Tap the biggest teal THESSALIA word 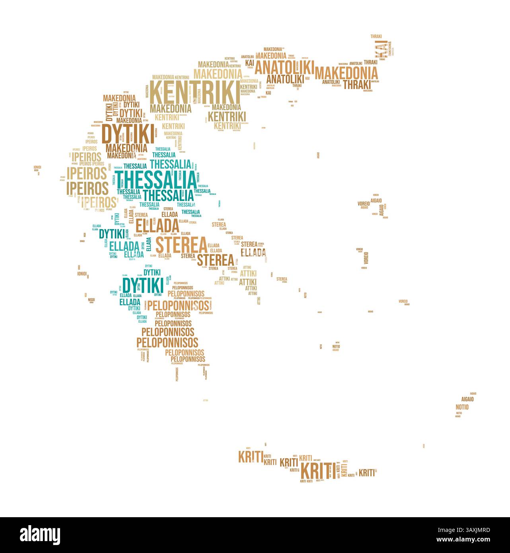pos(156,180)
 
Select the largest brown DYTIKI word pos(128,134)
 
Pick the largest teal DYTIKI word pos(142,285)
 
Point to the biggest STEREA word pos(181,245)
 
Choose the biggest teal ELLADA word pos(125,246)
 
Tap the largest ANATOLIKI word pos(284,67)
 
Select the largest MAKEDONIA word pos(346,73)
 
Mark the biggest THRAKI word pos(357,84)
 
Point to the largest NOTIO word pos(462,407)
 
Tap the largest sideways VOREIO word pos(366,258)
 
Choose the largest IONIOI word pos(82,274)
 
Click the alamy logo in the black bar pos(40,534)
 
